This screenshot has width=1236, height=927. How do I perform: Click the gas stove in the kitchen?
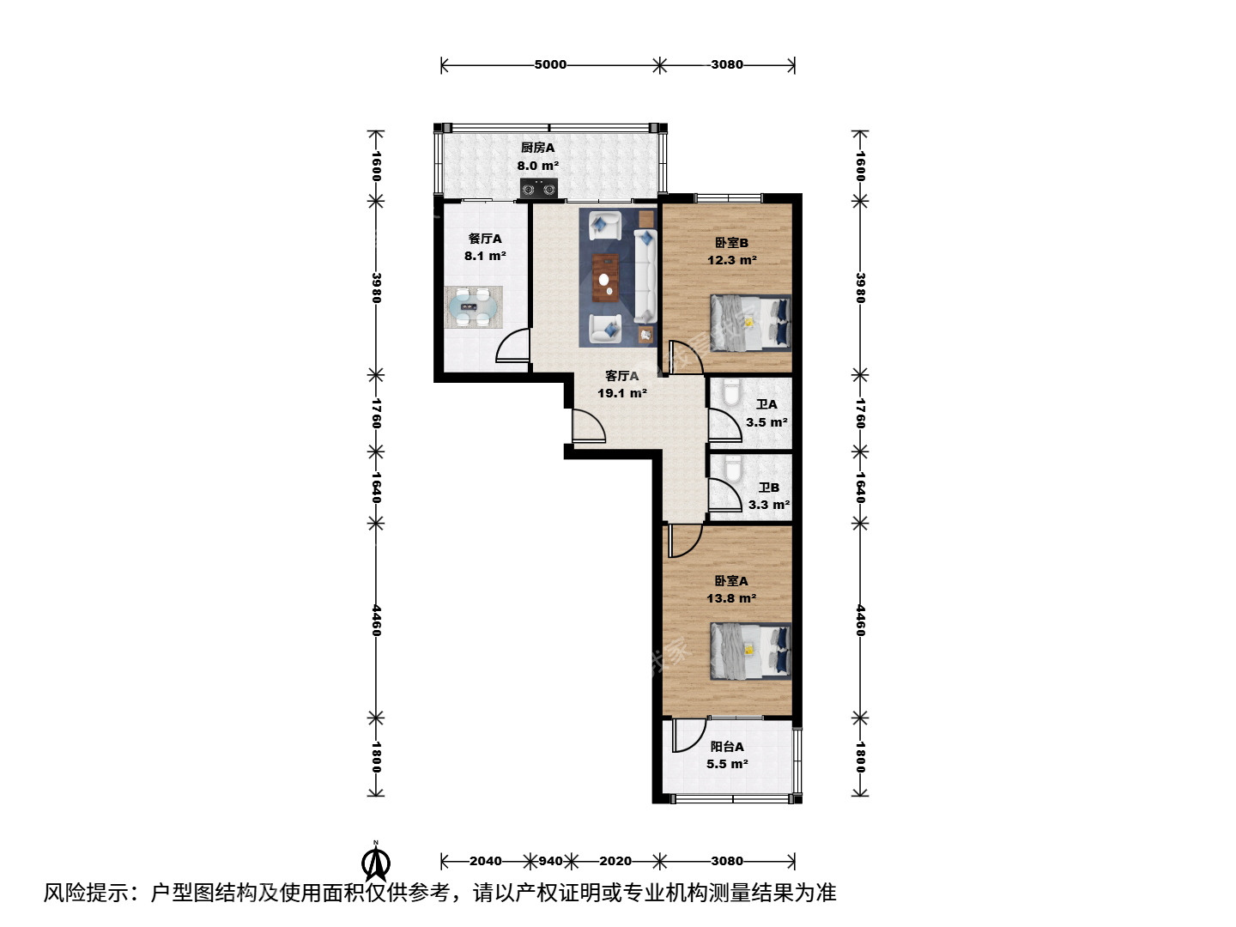tap(539, 189)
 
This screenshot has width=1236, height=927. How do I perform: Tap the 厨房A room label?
tap(537, 148)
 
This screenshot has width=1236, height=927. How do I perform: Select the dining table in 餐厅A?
tap(473, 307)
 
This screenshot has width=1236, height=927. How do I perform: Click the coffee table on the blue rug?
tap(605, 277)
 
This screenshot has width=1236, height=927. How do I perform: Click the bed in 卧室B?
tap(750, 323)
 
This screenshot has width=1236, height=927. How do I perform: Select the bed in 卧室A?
tap(750, 651)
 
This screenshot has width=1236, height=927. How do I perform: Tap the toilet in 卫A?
tap(731, 391)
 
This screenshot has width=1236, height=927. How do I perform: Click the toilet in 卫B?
tap(733, 469)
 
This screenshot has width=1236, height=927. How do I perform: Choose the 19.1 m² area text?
tap(621, 393)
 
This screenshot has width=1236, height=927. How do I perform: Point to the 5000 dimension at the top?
tap(550, 64)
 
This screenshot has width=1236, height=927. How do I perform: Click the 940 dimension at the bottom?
tap(550, 861)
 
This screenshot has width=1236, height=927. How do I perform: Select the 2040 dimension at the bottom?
tap(486, 861)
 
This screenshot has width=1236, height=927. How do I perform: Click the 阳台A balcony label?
tap(727, 747)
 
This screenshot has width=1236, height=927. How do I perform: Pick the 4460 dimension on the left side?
tap(376, 621)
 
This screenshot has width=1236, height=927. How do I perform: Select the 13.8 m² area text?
tap(731, 597)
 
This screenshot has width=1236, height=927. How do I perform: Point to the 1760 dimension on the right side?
tap(860, 413)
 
